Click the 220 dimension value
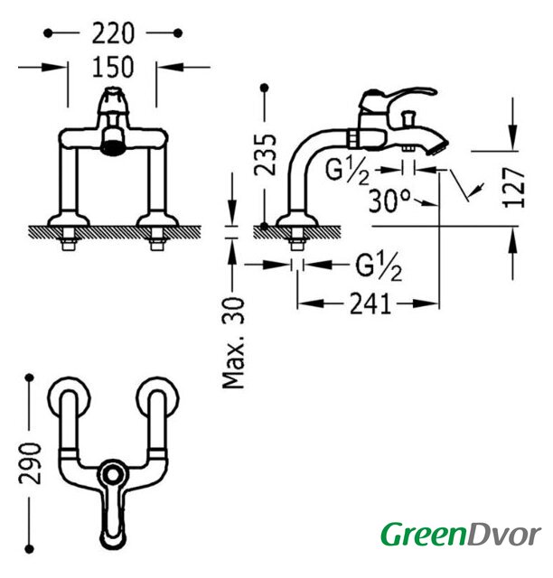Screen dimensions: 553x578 (x=113, y=33)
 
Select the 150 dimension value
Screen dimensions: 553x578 (x=113, y=67)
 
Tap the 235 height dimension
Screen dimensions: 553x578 (x=266, y=154)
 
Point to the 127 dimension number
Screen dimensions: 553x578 (x=514, y=188)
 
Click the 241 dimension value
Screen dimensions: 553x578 (x=370, y=303)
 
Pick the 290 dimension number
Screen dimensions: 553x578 (x=30, y=463)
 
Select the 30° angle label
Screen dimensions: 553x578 (x=389, y=200)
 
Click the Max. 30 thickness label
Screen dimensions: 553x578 (x=233, y=343)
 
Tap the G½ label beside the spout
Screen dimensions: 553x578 (x=347, y=171)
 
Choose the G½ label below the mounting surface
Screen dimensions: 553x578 (x=379, y=266)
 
